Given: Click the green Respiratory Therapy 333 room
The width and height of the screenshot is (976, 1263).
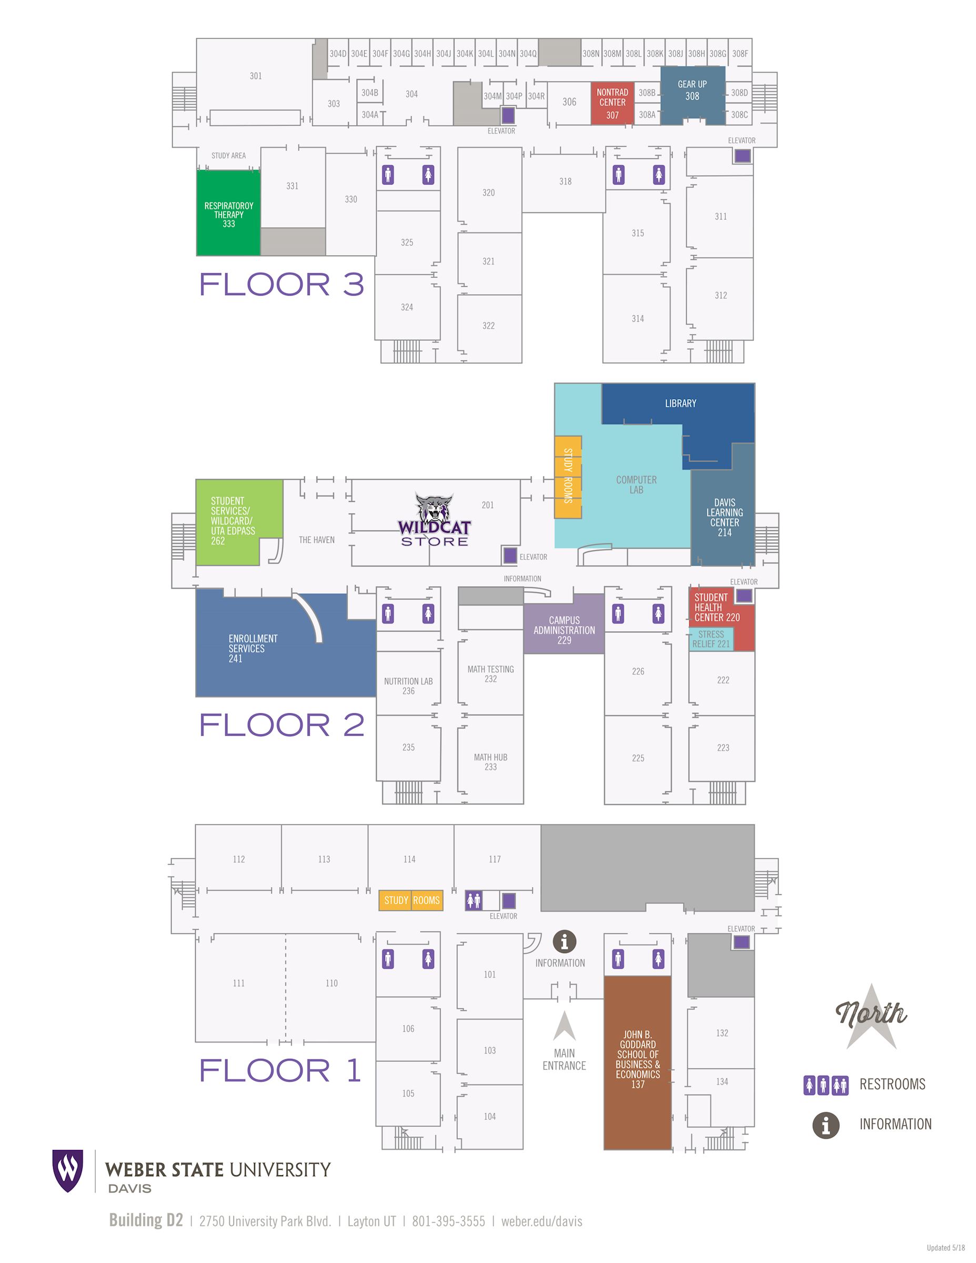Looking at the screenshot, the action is (x=228, y=213).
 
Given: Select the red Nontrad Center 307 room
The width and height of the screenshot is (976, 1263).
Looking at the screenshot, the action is (x=612, y=104).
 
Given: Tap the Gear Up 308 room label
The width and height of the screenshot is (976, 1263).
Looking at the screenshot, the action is (x=692, y=90).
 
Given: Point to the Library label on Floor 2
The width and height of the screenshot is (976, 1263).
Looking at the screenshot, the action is (x=680, y=403).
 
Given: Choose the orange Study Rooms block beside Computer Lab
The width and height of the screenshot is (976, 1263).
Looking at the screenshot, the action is (x=568, y=477).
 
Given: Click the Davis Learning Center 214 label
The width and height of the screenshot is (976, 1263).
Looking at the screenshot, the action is (x=725, y=517).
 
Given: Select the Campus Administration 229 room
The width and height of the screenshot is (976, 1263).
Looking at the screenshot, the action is (x=564, y=624).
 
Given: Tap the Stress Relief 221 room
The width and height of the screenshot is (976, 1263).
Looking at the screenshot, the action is (x=711, y=639).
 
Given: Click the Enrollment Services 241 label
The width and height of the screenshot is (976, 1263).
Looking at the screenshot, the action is (x=253, y=648).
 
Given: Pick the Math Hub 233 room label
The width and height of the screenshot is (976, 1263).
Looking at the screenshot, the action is (x=490, y=762).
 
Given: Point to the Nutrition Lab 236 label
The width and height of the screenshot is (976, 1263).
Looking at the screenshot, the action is (x=408, y=686).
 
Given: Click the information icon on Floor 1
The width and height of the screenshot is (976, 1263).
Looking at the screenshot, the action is (x=565, y=942).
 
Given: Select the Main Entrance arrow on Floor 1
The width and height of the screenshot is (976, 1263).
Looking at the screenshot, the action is (x=564, y=1026).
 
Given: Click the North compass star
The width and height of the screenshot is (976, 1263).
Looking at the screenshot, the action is (x=872, y=1017).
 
